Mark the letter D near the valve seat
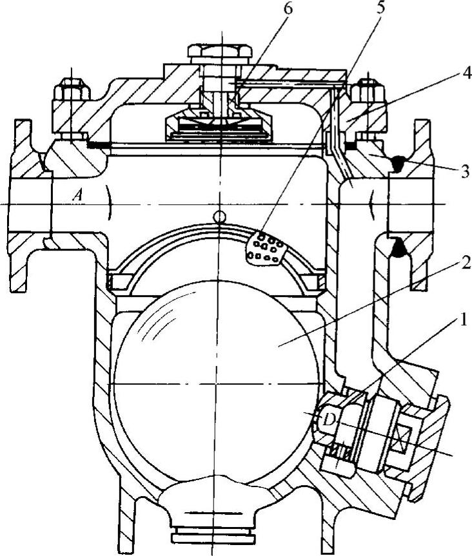click(x=328, y=420)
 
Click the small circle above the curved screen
click(x=220, y=216)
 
